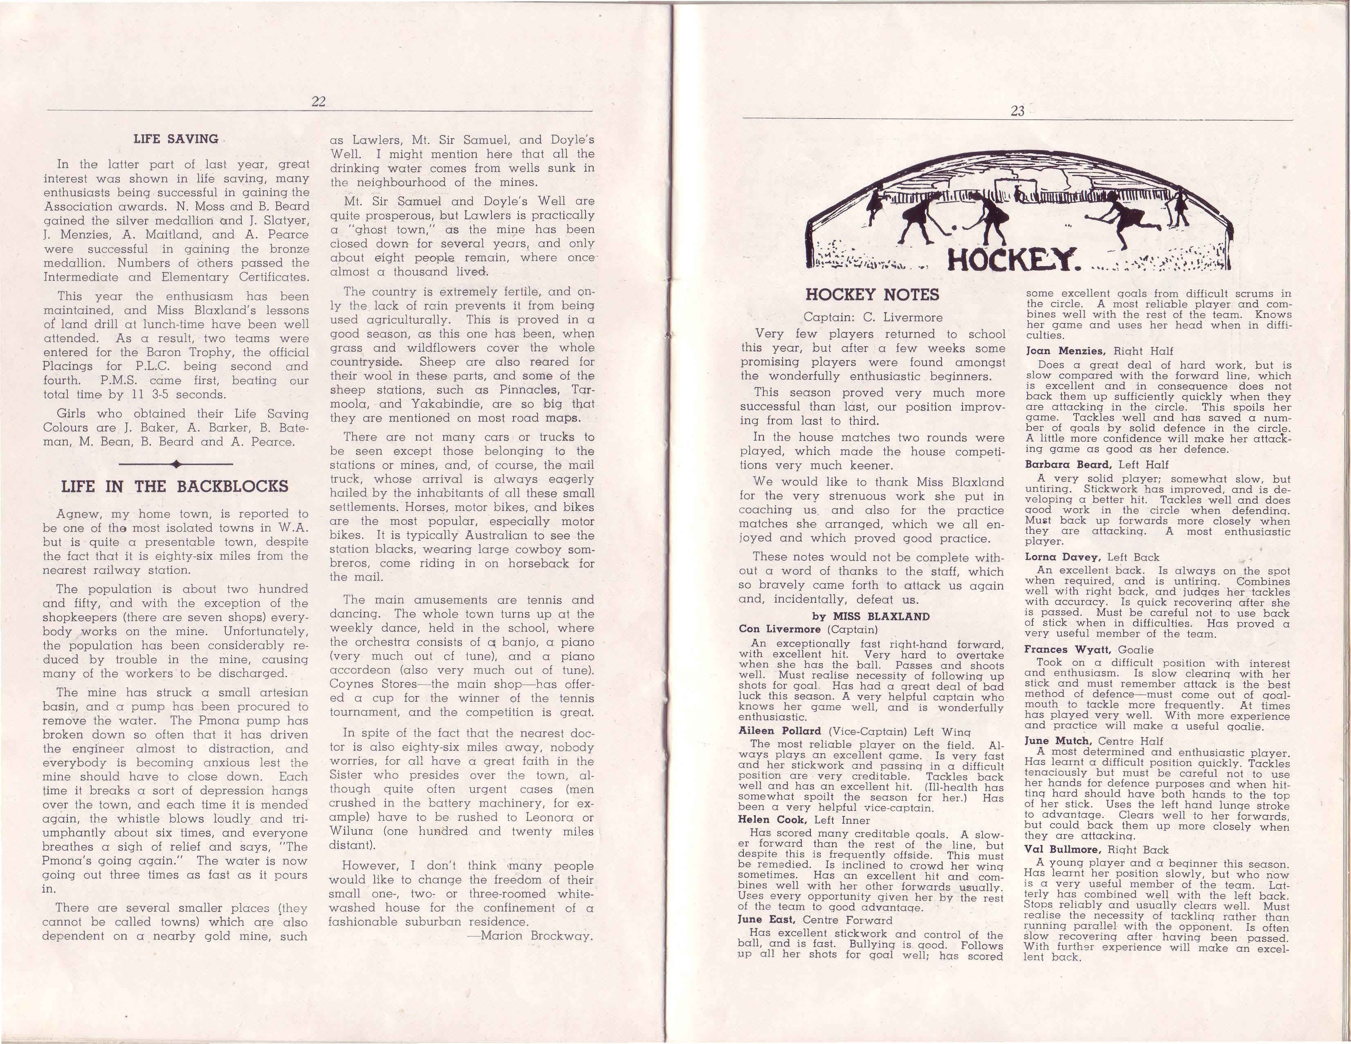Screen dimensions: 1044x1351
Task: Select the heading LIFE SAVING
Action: pos(176,139)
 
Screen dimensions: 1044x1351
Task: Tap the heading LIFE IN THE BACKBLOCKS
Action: pos(175,487)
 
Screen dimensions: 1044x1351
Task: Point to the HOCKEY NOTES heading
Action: pos(872,294)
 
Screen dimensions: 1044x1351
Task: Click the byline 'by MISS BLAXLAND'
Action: pos(871,616)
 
